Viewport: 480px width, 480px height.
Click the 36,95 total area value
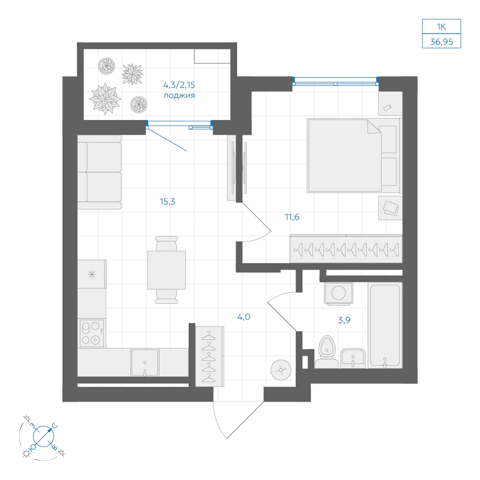tap(442, 42)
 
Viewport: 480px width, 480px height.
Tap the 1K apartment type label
tap(441, 27)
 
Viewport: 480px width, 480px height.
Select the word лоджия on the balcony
tap(179, 96)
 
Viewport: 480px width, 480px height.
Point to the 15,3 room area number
tap(168, 202)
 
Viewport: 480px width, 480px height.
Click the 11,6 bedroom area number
tap(292, 217)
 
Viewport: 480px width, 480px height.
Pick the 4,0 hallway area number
tap(244, 317)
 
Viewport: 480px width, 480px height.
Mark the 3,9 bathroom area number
tap(344, 320)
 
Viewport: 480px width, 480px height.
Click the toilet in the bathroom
tap(326, 352)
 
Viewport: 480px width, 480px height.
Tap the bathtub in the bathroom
tap(385, 325)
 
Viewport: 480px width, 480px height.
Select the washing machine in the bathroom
tap(338, 293)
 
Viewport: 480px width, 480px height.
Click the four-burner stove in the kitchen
tap(92, 334)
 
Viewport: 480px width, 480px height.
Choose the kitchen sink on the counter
tap(145, 362)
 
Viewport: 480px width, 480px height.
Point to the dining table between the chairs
tap(167, 270)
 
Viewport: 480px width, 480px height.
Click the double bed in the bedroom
tap(354, 156)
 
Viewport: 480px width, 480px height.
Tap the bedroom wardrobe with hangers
tap(346, 249)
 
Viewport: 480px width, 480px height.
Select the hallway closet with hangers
tap(210, 356)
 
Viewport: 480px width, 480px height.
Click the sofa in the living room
tap(99, 172)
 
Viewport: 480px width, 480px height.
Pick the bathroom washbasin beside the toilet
tap(353, 359)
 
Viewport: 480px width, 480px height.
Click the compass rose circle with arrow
tap(44, 436)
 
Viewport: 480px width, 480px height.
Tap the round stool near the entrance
tap(281, 370)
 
